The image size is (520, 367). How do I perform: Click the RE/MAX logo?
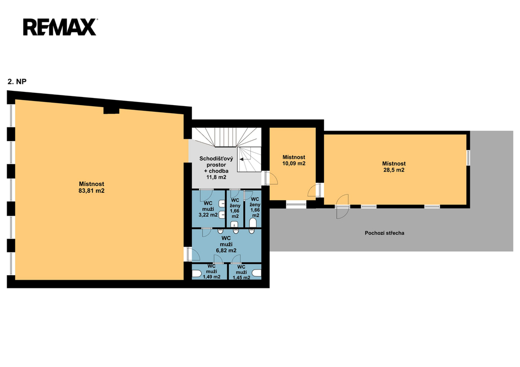[60, 27]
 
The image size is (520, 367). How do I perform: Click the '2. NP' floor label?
[17, 82]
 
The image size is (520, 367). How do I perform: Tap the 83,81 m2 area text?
[91, 191]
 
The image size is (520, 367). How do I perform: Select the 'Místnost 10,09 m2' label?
[294, 160]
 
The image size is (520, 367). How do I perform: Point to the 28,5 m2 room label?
[394, 170]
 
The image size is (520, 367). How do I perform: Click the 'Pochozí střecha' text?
[384, 233]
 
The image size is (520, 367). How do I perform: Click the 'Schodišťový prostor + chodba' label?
[216, 165]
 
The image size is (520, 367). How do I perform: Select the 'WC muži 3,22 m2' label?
[208, 209]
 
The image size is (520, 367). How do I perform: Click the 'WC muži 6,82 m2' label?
[226, 244]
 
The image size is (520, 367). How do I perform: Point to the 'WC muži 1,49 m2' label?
[212, 272]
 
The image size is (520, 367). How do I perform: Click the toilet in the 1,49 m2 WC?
[197, 274]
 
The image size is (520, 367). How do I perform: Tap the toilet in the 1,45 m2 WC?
[256, 274]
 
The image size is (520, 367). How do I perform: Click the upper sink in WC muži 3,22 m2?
[222, 203]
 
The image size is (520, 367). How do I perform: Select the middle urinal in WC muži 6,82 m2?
[236, 231]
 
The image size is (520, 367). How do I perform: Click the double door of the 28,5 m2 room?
[342, 207]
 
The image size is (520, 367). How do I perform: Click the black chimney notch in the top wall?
[111, 111]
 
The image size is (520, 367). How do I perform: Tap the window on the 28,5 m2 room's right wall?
[468, 157]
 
